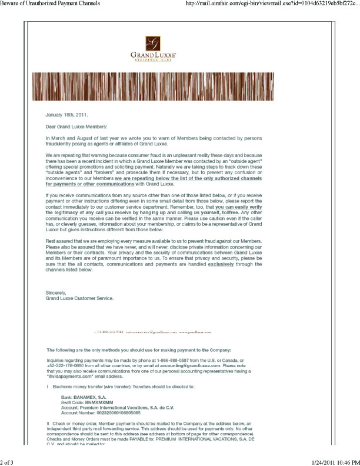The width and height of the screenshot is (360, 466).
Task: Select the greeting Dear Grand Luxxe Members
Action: pos(76,127)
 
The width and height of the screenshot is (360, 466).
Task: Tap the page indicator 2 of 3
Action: pos(10,461)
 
